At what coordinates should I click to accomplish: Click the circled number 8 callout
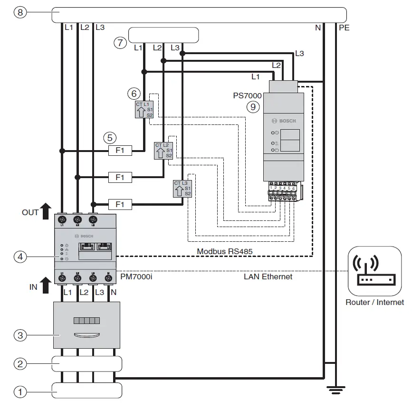pyautogui.click(x=20, y=13)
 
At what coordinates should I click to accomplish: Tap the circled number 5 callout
pyautogui.click(x=110, y=138)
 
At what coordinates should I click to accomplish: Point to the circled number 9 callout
pyautogui.click(x=253, y=107)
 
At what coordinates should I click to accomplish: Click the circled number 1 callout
pyautogui.click(x=20, y=392)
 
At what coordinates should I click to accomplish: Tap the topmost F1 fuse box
pyautogui.click(x=120, y=151)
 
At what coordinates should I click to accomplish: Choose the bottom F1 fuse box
pyautogui.click(x=120, y=204)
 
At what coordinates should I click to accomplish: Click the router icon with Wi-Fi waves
pyautogui.click(x=374, y=270)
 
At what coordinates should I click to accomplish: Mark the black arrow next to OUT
pyautogui.click(x=46, y=211)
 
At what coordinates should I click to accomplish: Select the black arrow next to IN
pyautogui.click(x=46, y=285)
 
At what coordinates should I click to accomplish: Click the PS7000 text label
pyautogui.click(x=247, y=95)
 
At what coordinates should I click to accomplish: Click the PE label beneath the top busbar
pyautogui.click(x=344, y=28)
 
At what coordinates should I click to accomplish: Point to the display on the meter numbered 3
pyautogui.click(x=86, y=321)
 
